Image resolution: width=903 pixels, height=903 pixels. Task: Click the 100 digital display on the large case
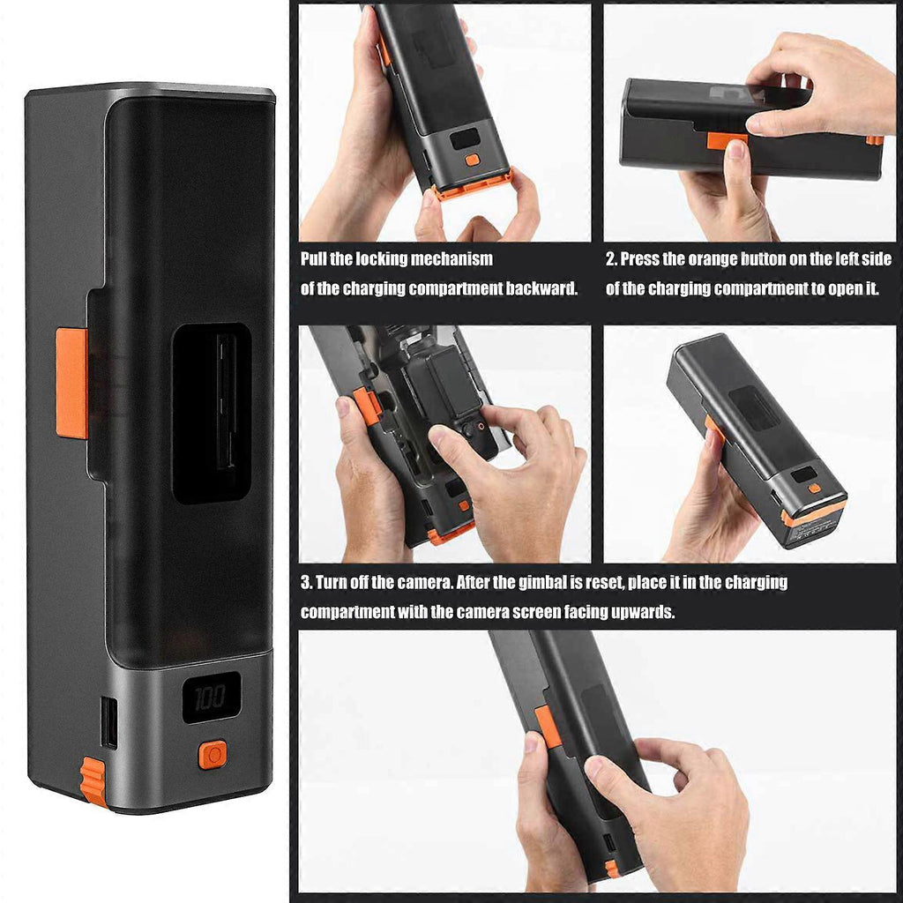(x=212, y=697)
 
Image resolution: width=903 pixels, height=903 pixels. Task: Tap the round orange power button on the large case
(x=213, y=755)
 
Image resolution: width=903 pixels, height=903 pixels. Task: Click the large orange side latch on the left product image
(x=72, y=383)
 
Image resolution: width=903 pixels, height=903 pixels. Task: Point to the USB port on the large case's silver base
(x=108, y=722)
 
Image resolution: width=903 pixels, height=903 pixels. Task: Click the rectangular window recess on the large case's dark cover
(x=212, y=413)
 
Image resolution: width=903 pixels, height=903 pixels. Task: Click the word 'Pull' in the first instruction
(x=314, y=259)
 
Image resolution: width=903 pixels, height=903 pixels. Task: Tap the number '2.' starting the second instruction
(x=611, y=259)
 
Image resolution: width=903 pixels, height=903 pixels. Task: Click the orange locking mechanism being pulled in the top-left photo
(x=473, y=184)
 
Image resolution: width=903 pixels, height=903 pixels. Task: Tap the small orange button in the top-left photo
(x=473, y=160)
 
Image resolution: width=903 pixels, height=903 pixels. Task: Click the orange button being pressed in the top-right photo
(x=727, y=140)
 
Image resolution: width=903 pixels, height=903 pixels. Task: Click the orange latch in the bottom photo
(x=548, y=727)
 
